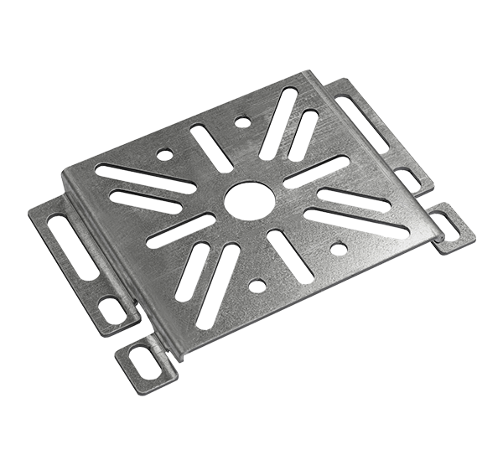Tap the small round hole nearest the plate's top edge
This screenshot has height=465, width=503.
pyautogui.click(x=242, y=122)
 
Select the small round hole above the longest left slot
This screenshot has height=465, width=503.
pyautogui.click(x=166, y=154)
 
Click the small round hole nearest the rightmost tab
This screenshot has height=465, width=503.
pyautogui.click(x=339, y=247)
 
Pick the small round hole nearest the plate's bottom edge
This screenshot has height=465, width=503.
pyautogui.click(x=257, y=285)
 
